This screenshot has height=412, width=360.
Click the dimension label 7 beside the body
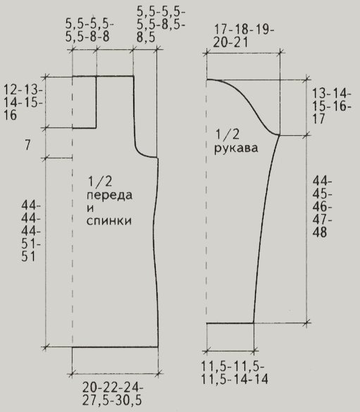(x=28, y=145)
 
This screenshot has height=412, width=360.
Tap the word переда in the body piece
(x=110, y=196)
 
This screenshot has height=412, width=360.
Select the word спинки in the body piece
(x=109, y=220)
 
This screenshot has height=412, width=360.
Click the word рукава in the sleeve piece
(x=236, y=149)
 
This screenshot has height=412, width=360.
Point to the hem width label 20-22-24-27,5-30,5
(x=113, y=394)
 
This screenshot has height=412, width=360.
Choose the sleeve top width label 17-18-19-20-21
(x=244, y=36)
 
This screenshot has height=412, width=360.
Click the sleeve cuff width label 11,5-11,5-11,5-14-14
(x=235, y=373)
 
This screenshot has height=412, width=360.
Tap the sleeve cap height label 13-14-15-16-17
(x=332, y=106)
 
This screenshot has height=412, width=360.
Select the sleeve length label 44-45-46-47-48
(x=322, y=207)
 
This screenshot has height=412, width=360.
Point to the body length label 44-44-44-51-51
(x=31, y=231)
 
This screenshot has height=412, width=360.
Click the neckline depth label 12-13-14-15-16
(x=23, y=103)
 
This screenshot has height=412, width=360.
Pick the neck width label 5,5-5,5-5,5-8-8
(x=89, y=30)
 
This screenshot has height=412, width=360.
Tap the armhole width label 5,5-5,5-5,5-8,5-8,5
(x=161, y=25)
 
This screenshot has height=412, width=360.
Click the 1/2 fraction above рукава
(x=228, y=134)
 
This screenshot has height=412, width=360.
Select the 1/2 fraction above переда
(x=100, y=182)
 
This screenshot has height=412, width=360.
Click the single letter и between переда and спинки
(x=90, y=208)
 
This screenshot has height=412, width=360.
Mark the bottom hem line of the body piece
(x=115, y=347)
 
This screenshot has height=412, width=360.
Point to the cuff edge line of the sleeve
(x=230, y=323)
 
